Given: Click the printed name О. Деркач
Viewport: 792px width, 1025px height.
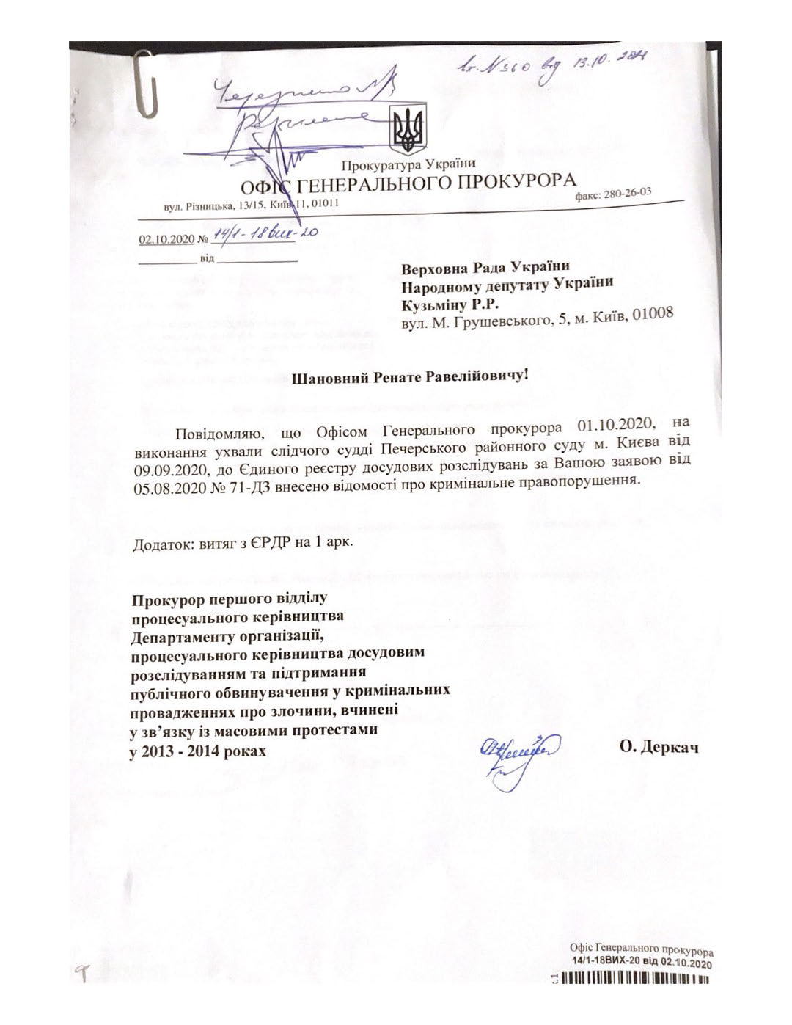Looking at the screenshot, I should tap(659, 748).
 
